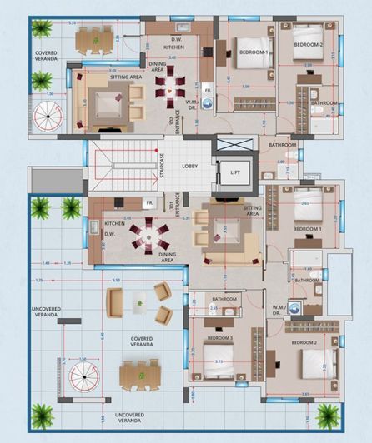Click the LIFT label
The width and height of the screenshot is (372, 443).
click(234, 172)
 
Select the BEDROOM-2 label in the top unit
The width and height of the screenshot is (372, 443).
click(308, 44)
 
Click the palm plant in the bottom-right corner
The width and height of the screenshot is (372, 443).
click(328, 414)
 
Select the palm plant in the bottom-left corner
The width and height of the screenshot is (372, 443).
click(42, 413)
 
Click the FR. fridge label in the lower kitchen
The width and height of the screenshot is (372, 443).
click(148, 202)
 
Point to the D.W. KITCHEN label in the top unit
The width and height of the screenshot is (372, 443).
click(173, 44)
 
